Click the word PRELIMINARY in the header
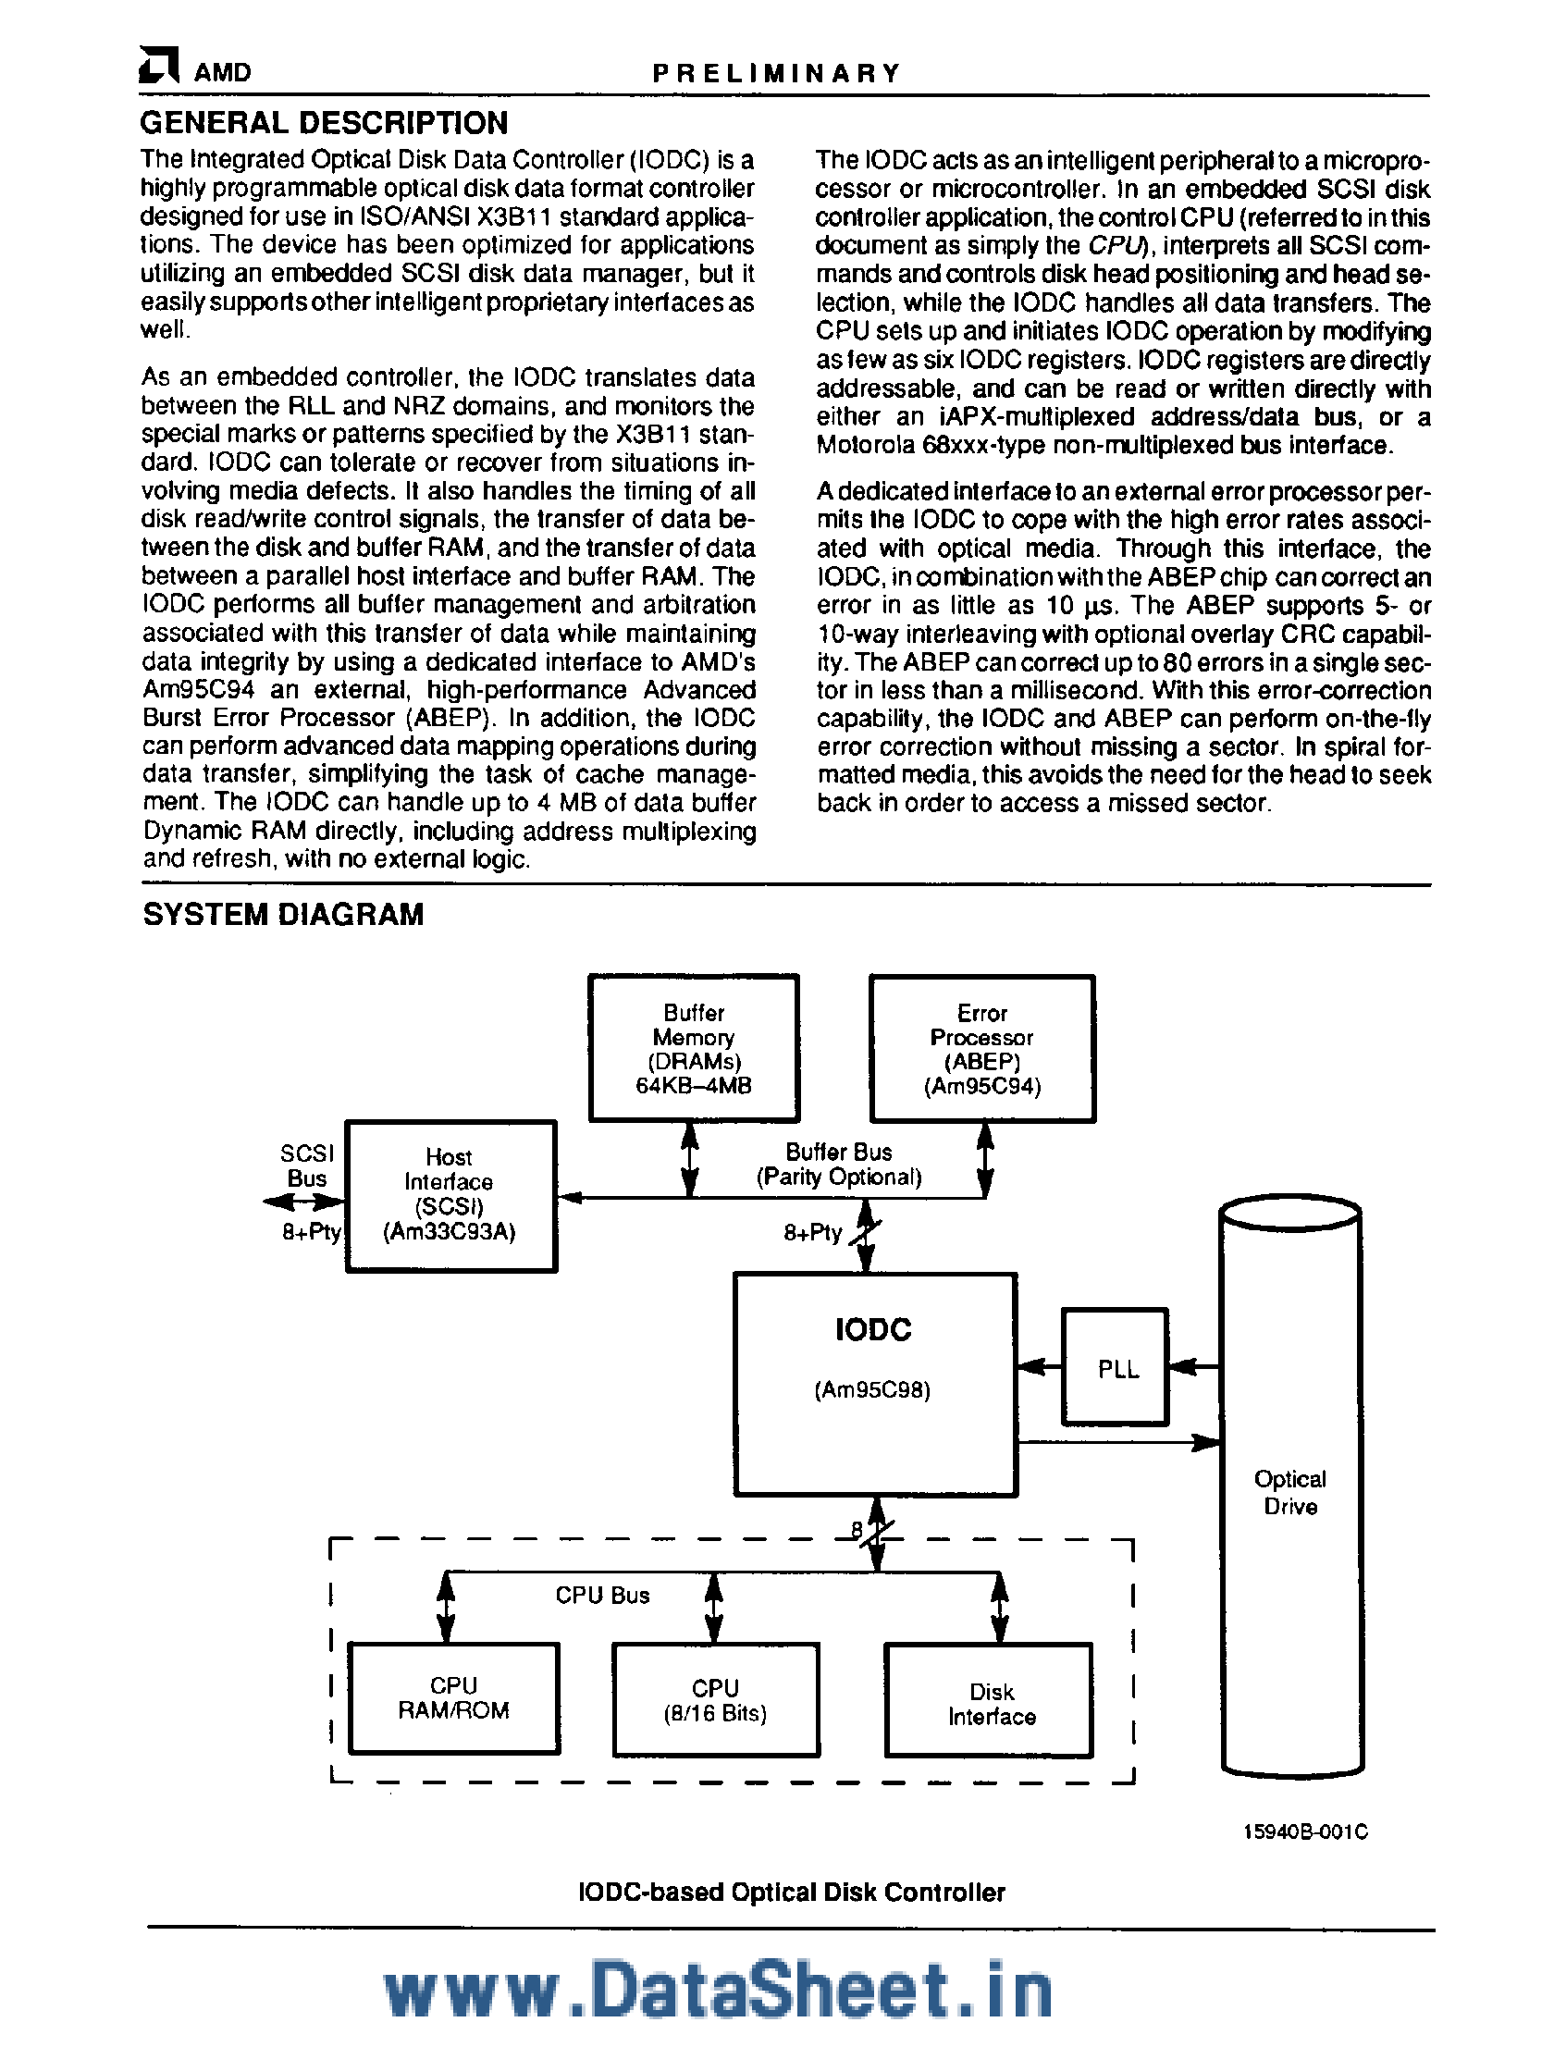tap(775, 73)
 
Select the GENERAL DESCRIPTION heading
tap(324, 123)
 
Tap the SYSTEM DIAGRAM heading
tap(283, 914)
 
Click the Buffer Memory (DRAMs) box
tap(693, 1049)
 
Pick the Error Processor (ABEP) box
tap(982, 1049)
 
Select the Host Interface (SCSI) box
tap(450, 1196)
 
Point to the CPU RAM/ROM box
tap(453, 1698)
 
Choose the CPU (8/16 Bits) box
tap(715, 1700)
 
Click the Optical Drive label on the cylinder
tap(1290, 1492)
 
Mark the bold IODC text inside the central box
tap(873, 1331)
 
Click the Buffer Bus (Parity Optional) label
tap(839, 1165)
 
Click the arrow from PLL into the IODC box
tap(1039, 1366)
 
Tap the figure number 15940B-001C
tap(1305, 1831)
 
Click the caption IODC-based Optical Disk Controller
tap(792, 1893)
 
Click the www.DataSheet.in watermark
tap(718, 1990)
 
